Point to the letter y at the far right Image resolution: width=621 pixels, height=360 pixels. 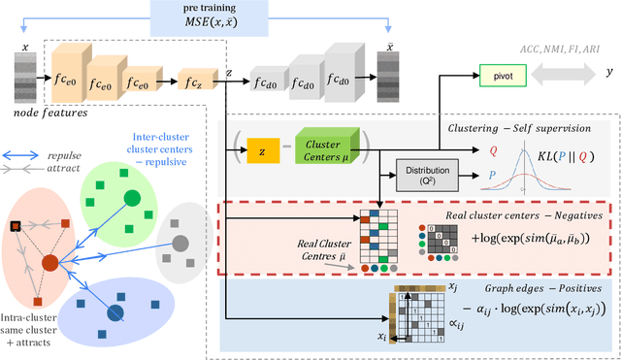[608, 73]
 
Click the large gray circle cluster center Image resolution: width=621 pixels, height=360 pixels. [179, 242]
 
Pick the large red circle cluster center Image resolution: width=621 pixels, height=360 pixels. [49, 262]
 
